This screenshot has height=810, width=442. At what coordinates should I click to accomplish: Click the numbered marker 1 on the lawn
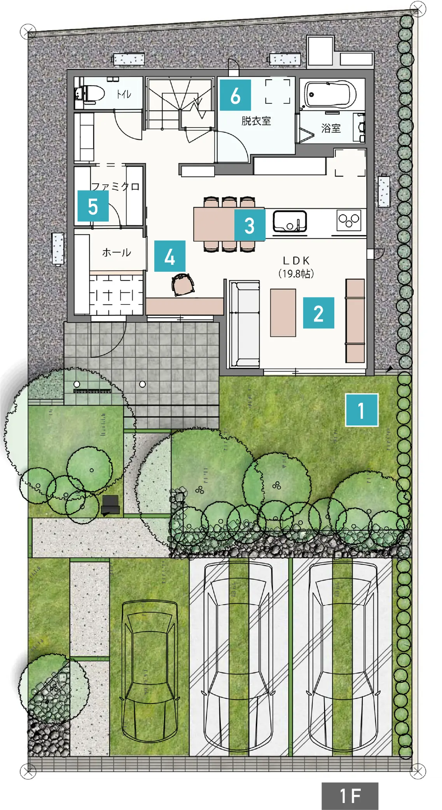pos(362,410)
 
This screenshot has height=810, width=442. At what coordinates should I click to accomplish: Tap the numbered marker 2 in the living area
pos(318,313)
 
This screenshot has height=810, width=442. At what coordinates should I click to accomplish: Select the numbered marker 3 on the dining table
pos(250,225)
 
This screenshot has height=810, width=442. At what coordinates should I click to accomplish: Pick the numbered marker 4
pos(170,256)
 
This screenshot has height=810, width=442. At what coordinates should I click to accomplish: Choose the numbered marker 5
pos(93,206)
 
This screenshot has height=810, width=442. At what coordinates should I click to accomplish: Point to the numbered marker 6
pos(235,95)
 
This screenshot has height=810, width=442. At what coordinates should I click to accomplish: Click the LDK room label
pos(296,267)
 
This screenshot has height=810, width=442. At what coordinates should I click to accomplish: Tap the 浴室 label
pos(331,128)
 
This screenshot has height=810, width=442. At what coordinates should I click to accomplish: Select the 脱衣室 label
pos(256,121)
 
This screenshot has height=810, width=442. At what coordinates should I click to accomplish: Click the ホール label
pos(117,252)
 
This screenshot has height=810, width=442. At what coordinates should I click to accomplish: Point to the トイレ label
pos(124,94)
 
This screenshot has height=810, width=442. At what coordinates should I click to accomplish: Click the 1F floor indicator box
pos(350,796)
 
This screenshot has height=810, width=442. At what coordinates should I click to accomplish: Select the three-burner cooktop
pos(349,220)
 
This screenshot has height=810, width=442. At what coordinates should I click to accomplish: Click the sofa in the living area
pos(245,324)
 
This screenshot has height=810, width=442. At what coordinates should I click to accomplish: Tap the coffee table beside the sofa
pos(283,313)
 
